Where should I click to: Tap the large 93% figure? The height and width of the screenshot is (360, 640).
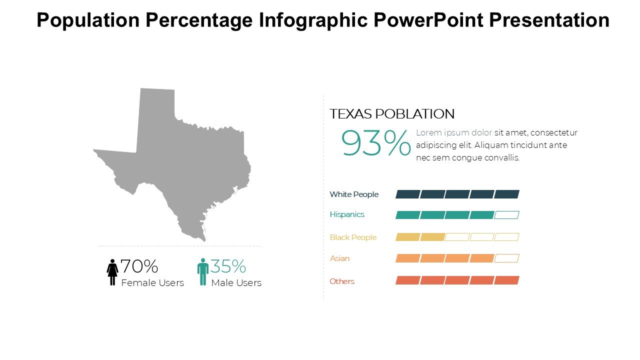[x=376, y=144]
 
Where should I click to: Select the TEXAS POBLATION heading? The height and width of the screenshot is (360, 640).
[x=392, y=114]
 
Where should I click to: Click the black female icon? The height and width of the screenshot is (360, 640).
[x=112, y=272]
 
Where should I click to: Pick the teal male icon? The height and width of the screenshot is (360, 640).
[x=203, y=272]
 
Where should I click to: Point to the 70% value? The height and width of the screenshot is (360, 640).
[x=139, y=266]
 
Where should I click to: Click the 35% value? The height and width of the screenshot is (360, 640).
[x=228, y=266]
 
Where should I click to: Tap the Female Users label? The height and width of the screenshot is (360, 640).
[x=152, y=283]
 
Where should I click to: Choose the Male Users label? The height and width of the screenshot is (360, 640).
[x=236, y=283]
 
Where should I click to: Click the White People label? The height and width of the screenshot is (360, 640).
[x=354, y=194]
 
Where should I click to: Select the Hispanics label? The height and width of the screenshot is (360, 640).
[x=347, y=214]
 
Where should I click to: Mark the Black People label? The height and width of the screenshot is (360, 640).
[x=353, y=237]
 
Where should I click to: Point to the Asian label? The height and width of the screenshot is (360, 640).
[x=339, y=258]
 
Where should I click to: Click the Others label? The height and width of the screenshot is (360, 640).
[x=342, y=281]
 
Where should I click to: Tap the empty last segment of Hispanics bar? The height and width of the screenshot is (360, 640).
[x=507, y=215]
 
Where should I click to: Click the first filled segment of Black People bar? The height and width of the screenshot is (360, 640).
[x=407, y=237]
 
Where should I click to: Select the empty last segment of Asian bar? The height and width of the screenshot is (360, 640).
[x=507, y=258]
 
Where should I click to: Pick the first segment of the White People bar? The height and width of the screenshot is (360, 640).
[x=407, y=194]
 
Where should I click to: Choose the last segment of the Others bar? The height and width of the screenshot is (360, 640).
[x=507, y=280]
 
